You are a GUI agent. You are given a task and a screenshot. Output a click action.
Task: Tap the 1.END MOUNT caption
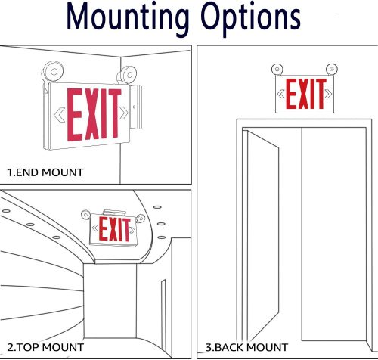(45, 172)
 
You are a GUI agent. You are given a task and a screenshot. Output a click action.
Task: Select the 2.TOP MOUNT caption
(45, 347)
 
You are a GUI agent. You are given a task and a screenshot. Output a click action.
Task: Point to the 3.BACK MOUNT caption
(246, 347)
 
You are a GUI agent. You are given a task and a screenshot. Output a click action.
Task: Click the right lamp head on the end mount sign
(127, 75)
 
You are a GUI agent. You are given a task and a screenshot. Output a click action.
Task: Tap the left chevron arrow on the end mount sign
(60, 115)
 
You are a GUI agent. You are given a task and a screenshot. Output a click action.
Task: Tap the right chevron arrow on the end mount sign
(124, 113)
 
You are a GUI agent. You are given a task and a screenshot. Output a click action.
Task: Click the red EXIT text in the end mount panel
(94, 114)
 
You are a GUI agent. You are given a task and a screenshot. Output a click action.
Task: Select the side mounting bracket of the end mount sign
(136, 107)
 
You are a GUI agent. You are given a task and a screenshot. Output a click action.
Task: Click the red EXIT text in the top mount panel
(115, 229)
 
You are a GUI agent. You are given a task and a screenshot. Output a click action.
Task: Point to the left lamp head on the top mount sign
(85, 215)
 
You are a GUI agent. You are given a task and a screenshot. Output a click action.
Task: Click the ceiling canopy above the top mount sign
(114, 213)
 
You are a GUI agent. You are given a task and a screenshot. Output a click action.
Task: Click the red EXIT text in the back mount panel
(305, 94)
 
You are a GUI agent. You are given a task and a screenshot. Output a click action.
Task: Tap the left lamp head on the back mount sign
(277, 69)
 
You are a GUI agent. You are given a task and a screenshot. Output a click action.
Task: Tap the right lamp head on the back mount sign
(332, 69)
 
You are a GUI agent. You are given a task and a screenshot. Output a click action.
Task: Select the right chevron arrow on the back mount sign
(328, 94)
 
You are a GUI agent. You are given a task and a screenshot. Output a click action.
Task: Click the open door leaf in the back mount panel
(263, 236)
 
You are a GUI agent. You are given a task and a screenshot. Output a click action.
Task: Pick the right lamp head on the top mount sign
(141, 219)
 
